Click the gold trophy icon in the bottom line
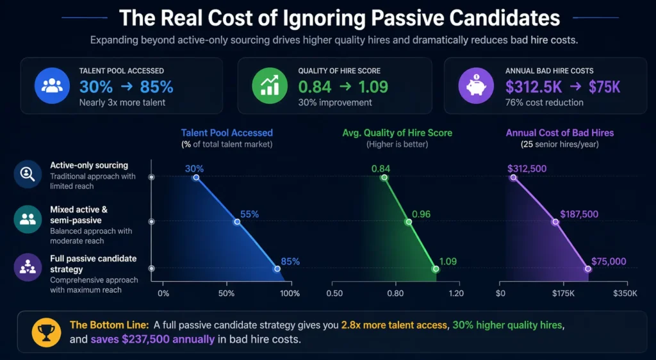45,331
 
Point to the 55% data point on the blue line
237,222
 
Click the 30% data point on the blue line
196,178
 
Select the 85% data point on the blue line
277,269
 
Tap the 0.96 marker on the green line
408,222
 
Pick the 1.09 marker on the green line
436,269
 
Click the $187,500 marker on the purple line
555,222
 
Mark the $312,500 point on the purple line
512,178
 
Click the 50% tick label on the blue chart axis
227,293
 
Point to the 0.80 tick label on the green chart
395,293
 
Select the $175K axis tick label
563,293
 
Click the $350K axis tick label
625,293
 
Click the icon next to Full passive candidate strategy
28,268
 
